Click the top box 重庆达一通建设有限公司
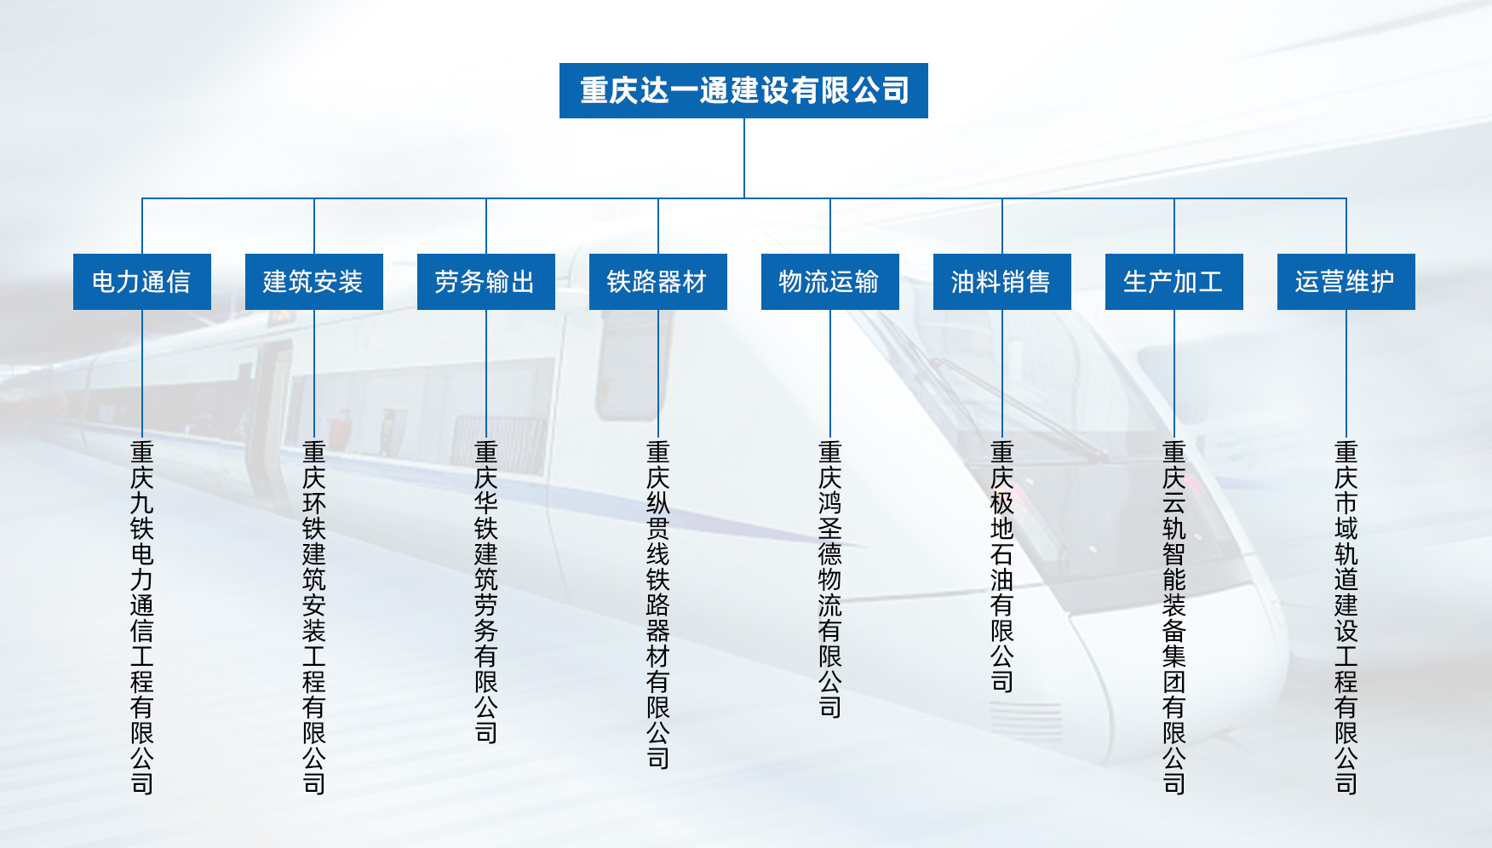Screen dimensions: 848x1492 pos(743,90)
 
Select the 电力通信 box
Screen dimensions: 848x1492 pos(142,282)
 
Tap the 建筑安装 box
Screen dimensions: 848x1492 pos(314,282)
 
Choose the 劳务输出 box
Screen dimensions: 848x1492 pos(486,282)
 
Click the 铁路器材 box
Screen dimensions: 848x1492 pos(658,282)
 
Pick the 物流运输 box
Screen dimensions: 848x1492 pos(830,282)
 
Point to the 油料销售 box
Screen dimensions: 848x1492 pos(1002,282)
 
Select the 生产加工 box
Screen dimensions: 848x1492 pos(1174,282)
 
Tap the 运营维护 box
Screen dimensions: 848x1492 pos(1346,282)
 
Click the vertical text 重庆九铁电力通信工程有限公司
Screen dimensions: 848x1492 pos(142,617)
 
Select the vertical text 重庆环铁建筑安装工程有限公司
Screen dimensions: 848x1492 pos(314,617)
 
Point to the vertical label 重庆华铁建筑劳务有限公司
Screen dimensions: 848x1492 pos(486,592)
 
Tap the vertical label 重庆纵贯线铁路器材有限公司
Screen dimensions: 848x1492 pos(658,604)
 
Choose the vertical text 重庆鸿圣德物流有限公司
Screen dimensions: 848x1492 pos(830,579)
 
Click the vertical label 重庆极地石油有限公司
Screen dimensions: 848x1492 pos(1002,566)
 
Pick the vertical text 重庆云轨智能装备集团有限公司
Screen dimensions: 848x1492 pos(1174,617)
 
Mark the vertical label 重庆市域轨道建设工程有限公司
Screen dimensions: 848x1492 pos(1346,617)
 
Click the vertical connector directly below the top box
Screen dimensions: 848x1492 pos(744,158)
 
